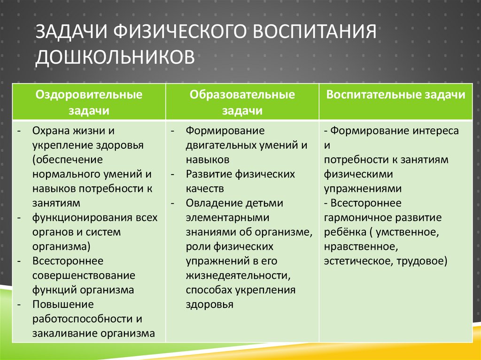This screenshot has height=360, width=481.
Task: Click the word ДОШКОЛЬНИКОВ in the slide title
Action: pos(115,56)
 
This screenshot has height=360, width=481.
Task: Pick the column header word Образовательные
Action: pos(242,95)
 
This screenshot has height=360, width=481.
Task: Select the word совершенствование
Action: pos(84,275)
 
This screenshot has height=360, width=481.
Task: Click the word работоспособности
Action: pos(78,319)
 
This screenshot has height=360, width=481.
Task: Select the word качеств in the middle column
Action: pos(205,189)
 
